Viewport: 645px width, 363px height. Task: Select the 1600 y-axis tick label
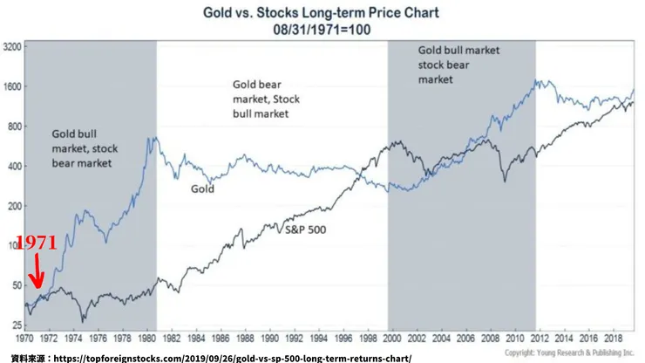coord(13,87)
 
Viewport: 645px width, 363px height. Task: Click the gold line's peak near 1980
coord(153,137)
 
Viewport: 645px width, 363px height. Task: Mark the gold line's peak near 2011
coord(542,81)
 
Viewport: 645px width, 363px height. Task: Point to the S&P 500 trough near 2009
coord(504,181)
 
